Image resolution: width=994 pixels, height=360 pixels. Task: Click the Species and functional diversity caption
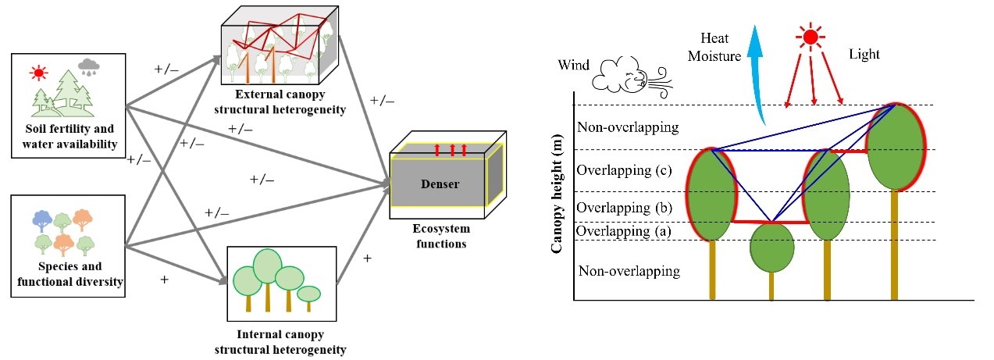[x=70, y=273]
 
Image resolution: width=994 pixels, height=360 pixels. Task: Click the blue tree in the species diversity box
[x=43, y=221]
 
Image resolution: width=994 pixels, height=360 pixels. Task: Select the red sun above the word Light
[x=811, y=36]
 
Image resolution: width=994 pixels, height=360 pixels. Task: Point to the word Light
[x=864, y=55]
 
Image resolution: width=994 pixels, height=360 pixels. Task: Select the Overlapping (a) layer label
[x=615, y=231]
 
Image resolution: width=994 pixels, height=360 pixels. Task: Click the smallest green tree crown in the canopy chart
[x=771, y=246]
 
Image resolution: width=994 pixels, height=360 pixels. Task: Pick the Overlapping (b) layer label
[x=615, y=207]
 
